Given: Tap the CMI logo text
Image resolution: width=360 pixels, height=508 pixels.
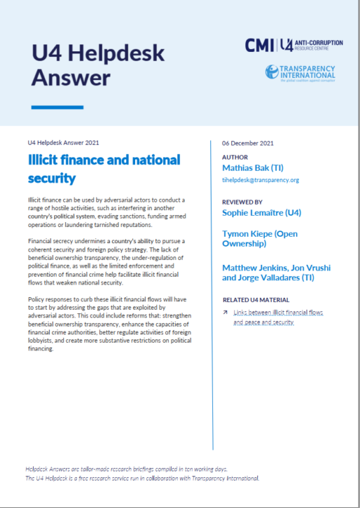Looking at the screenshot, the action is pyautogui.click(x=258, y=45).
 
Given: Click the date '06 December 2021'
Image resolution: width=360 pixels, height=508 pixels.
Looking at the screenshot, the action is pyautogui.click(x=247, y=143).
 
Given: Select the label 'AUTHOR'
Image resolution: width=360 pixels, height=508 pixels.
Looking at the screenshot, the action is pyautogui.click(x=234, y=157).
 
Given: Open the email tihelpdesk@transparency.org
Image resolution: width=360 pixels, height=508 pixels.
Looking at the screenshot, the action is pyautogui.click(x=260, y=181).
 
